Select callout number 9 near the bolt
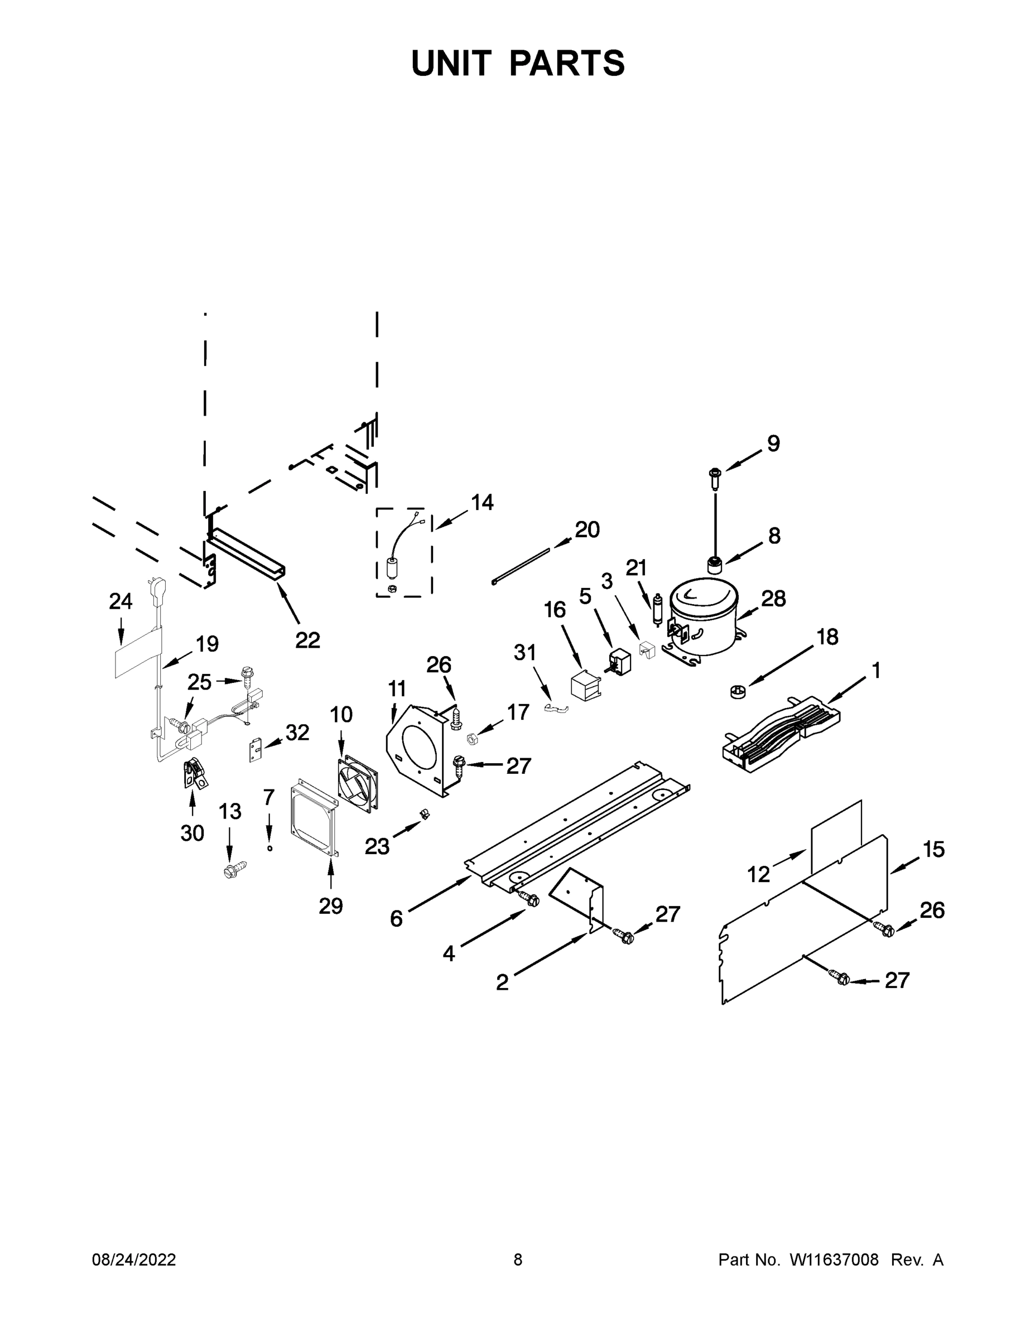tap(773, 444)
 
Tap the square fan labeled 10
tap(358, 786)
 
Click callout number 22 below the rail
tap(307, 640)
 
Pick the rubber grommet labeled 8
tap(713, 563)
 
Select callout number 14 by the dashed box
tap(482, 503)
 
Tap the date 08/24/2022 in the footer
tap(134, 1260)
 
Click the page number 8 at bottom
tap(518, 1260)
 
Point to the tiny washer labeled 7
tap(269, 847)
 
